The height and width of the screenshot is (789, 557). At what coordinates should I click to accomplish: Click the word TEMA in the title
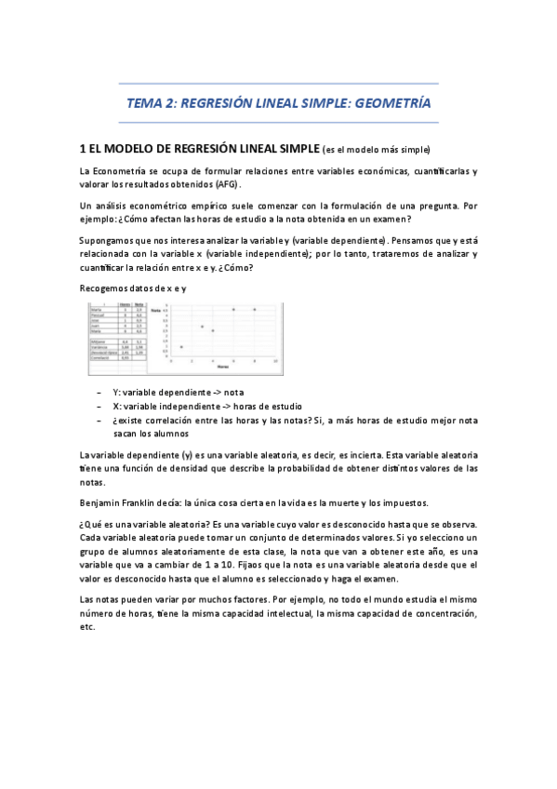pyautogui.click(x=144, y=104)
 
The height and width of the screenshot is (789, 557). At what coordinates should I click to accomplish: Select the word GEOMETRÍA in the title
pyautogui.click(x=391, y=104)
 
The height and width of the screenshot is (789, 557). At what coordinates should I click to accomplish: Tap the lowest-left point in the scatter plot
pyautogui.click(x=180, y=346)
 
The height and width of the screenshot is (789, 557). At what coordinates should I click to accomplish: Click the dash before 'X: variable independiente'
pyautogui.click(x=99, y=407)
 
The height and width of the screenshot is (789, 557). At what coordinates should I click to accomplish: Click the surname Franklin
pyautogui.click(x=144, y=502)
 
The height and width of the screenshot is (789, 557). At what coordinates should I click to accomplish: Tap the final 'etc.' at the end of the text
pyautogui.click(x=88, y=627)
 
